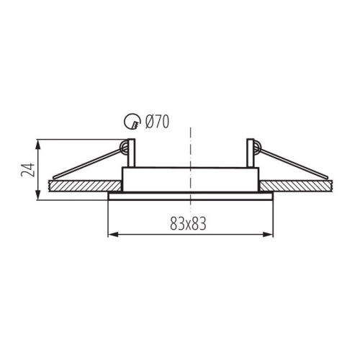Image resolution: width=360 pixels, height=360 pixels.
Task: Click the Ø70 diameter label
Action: click(x=157, y=122)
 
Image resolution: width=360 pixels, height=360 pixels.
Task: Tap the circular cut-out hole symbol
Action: click(x=132, y=122)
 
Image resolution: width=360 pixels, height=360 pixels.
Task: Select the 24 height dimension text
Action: click(x=28, y=170)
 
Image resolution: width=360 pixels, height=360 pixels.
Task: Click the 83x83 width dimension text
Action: click(x=188, y=224)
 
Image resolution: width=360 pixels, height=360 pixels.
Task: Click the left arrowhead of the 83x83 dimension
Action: click(x=113, y=235)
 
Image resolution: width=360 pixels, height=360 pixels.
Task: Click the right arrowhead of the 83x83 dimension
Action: click(x=268, y=235)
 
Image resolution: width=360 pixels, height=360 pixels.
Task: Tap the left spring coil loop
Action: click(x=125, y=147)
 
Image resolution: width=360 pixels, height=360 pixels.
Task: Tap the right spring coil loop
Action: click(x=256, y=147)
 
